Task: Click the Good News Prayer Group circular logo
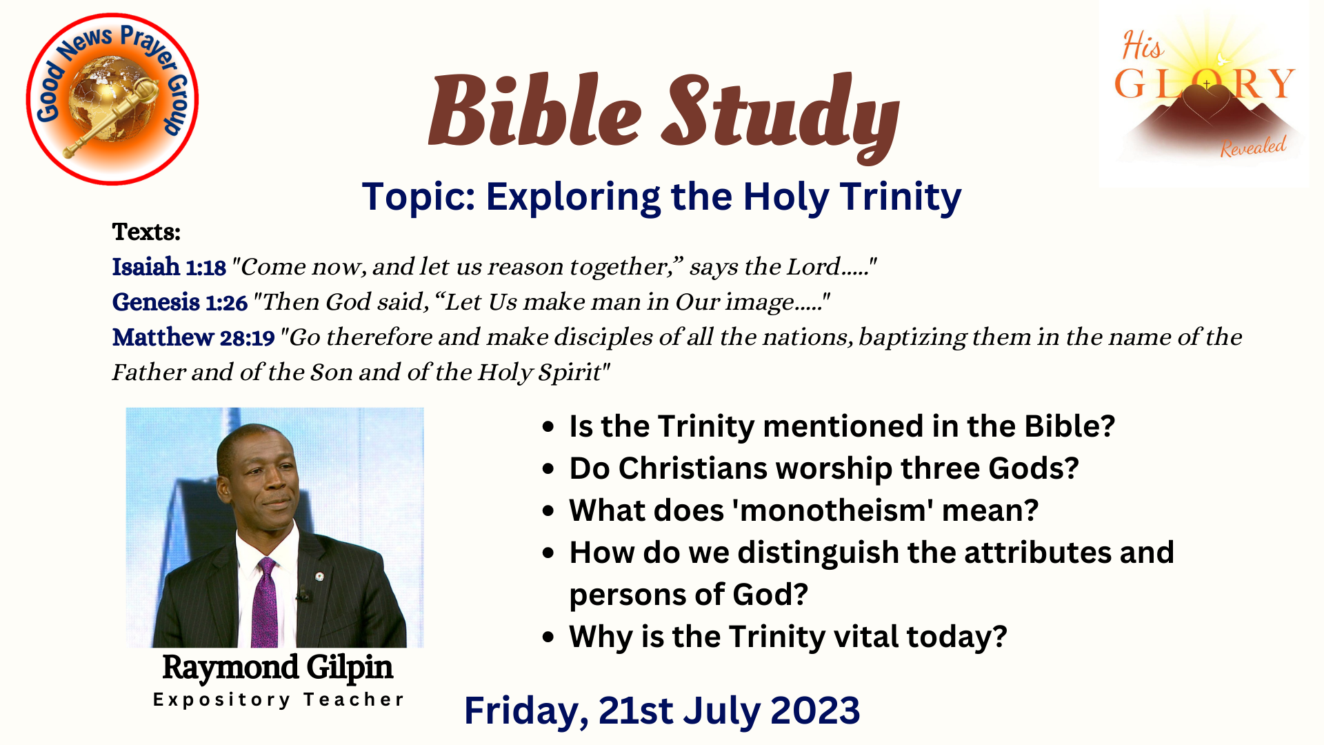pos(112,99)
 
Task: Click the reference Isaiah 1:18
pos(169,267)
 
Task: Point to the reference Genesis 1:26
pos(179,302)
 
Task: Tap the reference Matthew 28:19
pos(194,337)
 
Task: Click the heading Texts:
pos(146,232)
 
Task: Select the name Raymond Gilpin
pos(277,667)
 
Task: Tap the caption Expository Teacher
pos(278,699)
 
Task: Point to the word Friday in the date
pos(526,711)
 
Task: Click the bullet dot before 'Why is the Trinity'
pos(548,637)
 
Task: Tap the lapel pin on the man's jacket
pos(319,576)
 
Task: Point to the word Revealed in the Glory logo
pos(1253,147)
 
